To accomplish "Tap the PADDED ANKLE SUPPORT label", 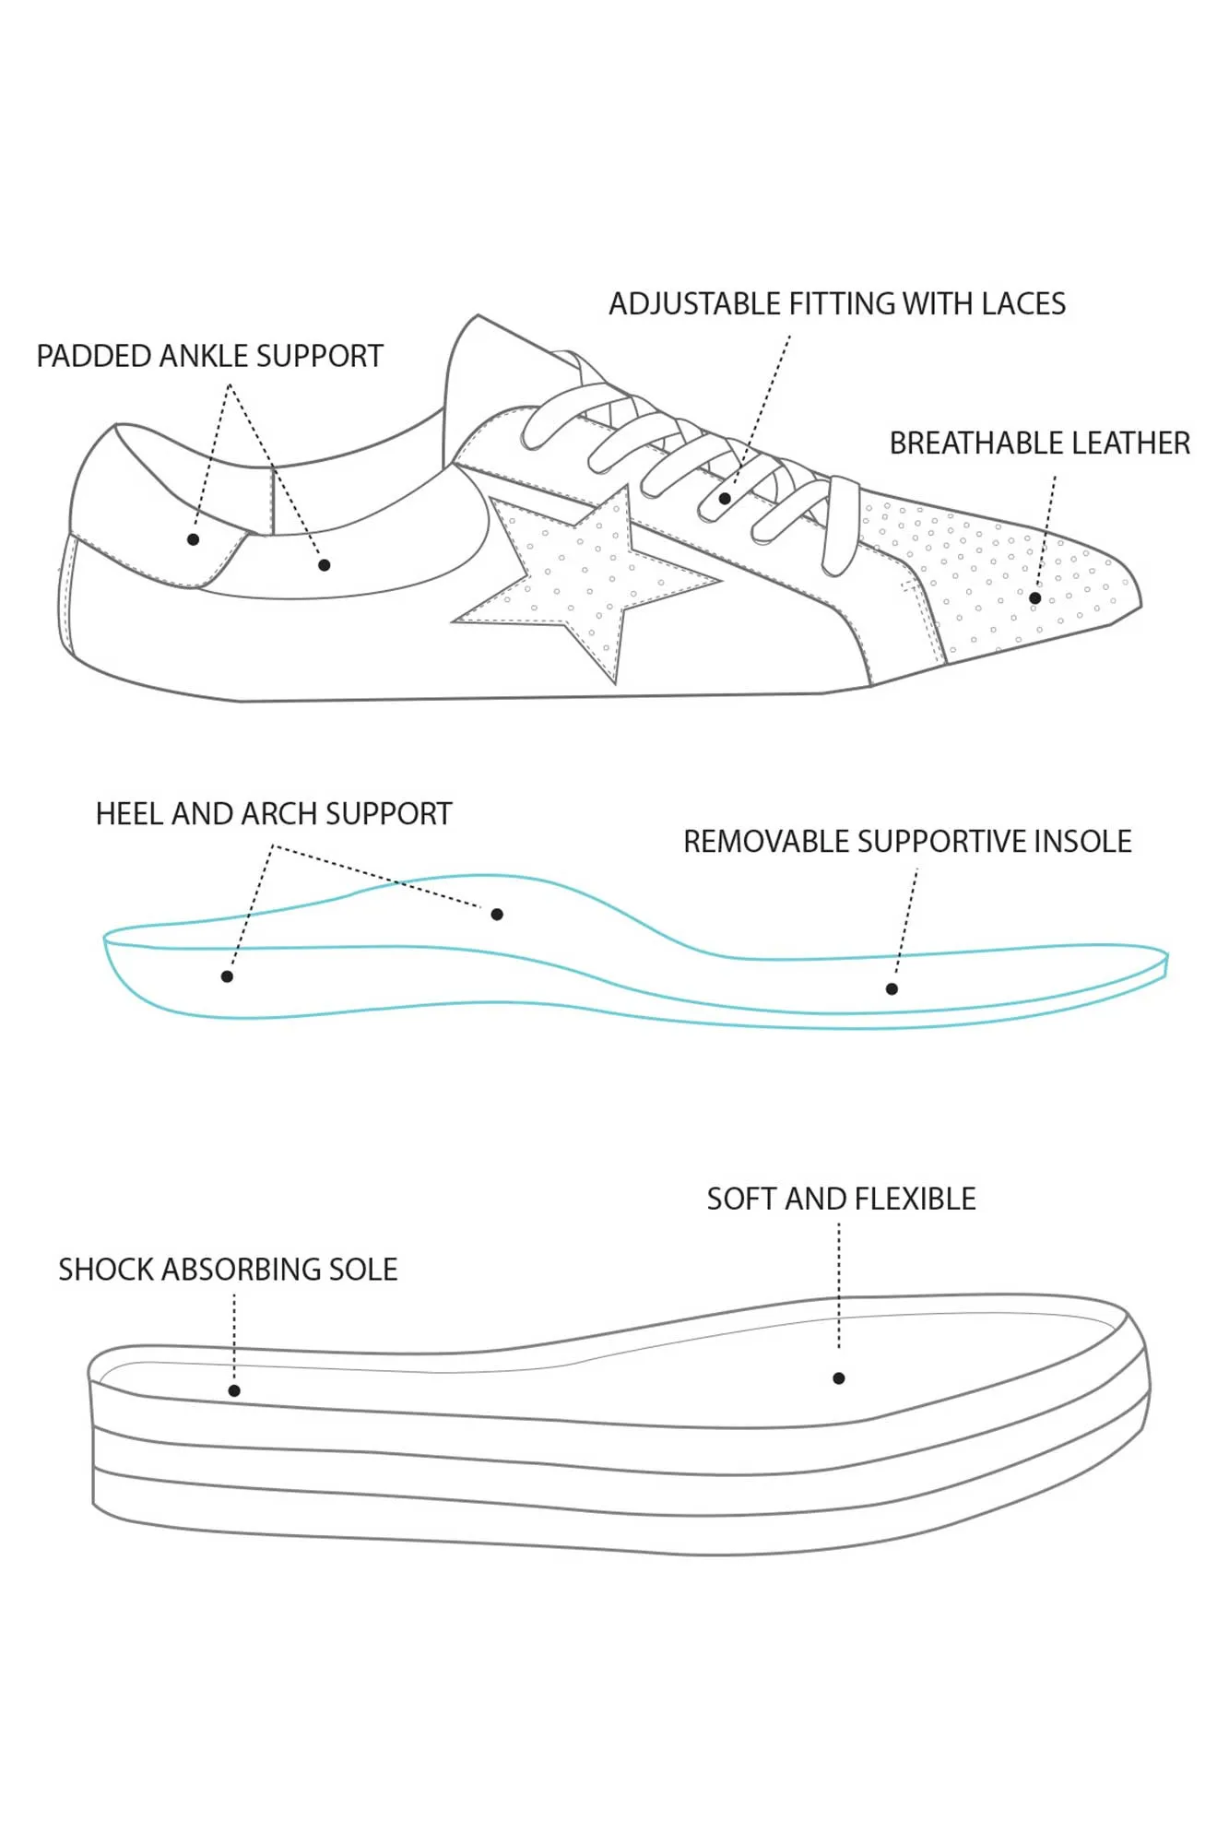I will [x=209, y=356].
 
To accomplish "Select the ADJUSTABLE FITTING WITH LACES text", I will [x=836, y=304].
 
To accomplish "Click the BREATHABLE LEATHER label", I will [x=1039, y=443].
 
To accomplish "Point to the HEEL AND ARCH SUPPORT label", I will [x=274, y=814].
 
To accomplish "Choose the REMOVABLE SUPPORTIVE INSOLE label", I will [x=907, y=842].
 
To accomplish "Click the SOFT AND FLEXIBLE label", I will [x=841, y=1199].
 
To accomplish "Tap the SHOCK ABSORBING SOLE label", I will [x=228, y=1270].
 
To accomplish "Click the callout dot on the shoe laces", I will [x=725, y=499].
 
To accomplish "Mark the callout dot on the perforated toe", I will [x=1035, y=598].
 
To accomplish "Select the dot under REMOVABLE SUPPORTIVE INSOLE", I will [x=892, y=989].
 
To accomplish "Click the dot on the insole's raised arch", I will [x=497, y=915].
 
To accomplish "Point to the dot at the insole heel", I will [x=227, y=976].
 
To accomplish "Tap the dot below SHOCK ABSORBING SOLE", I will [x=234, y=1390].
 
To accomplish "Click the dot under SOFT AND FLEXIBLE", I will [x=839, y=1378].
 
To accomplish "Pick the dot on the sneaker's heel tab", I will [x=193, y=539].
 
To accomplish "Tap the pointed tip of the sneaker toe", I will [x=1139, y=605].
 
